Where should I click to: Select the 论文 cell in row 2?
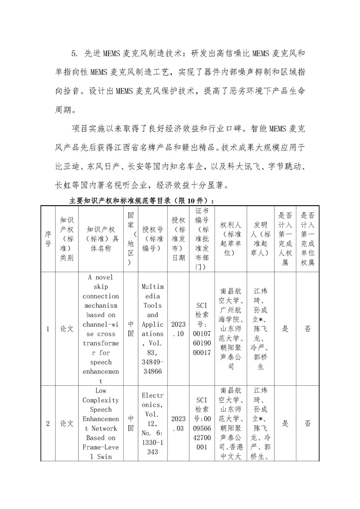pyautogui.click(x=67, y=423)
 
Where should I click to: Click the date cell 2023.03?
pyautogui.click(x=179, y=423)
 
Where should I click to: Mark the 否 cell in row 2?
pyautogui.click(x=307, y=423)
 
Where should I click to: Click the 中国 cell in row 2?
pyautogui.click(x=131, y=423)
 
